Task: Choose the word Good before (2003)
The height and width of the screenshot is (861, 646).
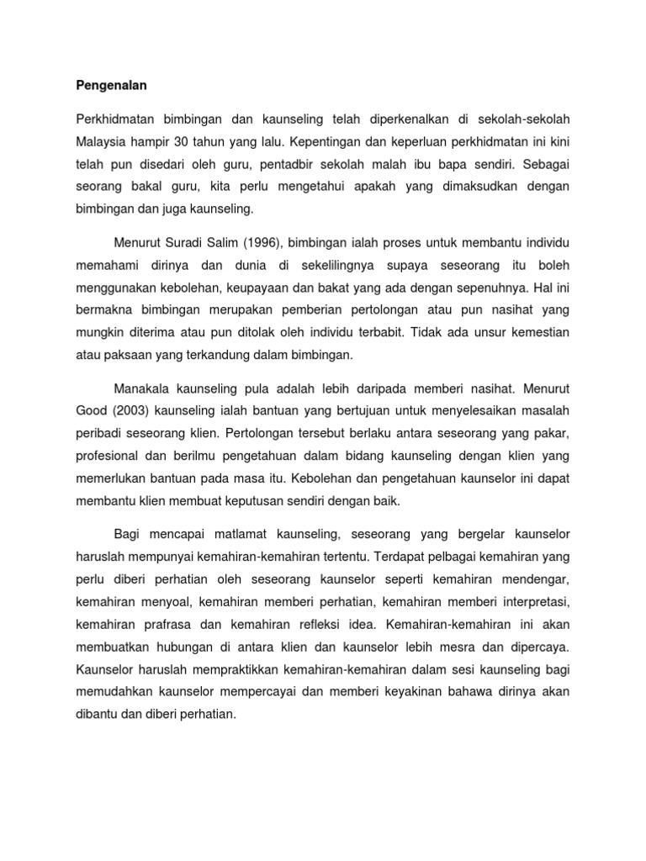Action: click(x=91, y=412)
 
